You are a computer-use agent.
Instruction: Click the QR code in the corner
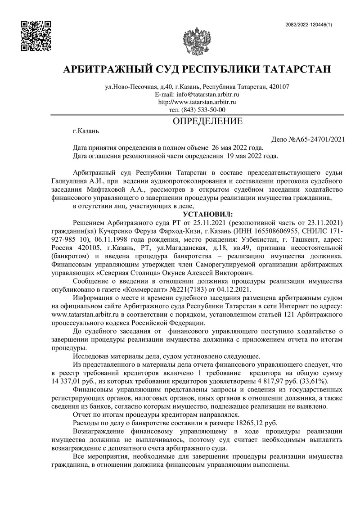(36, 36)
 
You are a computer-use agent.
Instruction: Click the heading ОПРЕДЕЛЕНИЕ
(208, 121)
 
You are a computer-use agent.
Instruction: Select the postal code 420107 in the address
(279, 87)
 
